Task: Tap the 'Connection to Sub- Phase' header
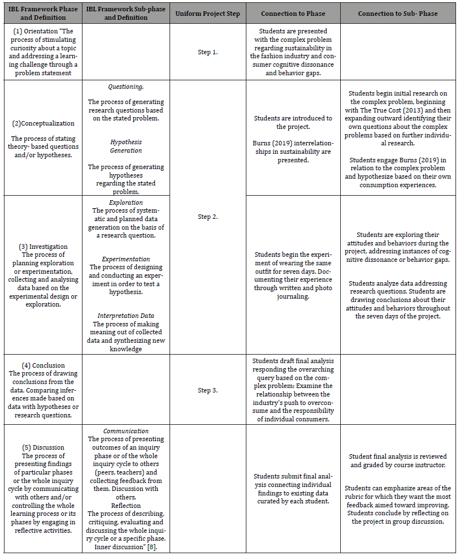397,13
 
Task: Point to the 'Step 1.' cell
207,52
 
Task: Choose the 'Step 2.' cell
207,217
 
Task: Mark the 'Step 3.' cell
207,390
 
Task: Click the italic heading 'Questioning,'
125,87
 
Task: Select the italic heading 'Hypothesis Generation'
125,146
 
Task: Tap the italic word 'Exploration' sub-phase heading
125,202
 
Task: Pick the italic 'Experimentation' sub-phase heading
125,258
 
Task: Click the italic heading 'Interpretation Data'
125,316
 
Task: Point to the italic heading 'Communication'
125,430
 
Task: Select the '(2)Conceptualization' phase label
43,123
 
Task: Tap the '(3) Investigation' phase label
43,247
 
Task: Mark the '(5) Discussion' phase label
43,447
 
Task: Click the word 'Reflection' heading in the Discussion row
125,505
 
